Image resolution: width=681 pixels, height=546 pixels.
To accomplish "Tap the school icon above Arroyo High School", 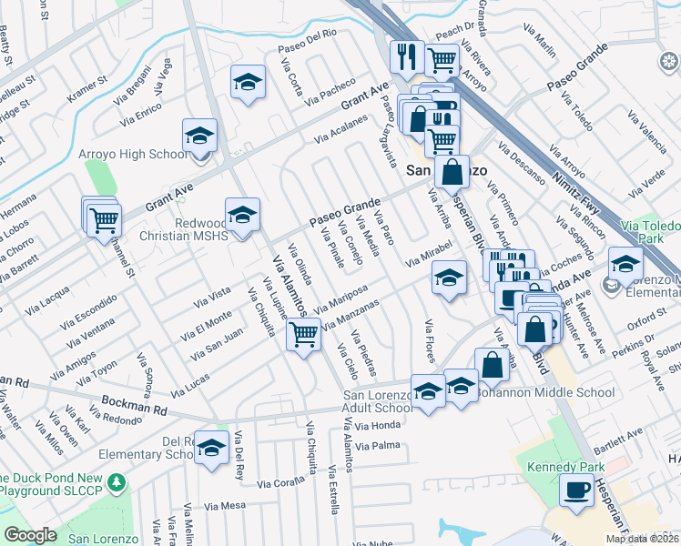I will (199, 136).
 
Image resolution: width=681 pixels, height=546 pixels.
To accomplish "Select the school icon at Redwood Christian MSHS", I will (242, 216).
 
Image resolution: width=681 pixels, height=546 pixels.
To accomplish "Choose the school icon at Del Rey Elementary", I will (212, 449).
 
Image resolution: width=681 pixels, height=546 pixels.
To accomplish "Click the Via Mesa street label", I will (226, 506).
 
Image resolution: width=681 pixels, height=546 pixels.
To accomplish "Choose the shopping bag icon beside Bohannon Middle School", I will (492, 366).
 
